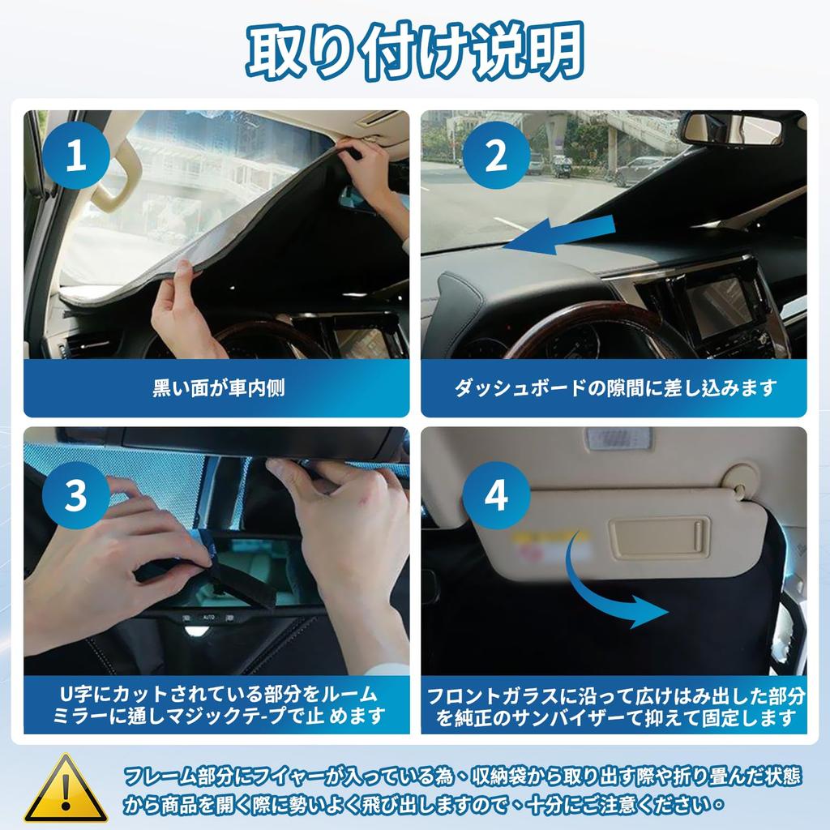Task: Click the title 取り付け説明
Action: click(415, 50)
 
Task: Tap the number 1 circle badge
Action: click(75, 156)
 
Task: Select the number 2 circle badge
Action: click(496, 156)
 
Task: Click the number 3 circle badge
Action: click(75, 497)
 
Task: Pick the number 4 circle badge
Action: click(496, 497)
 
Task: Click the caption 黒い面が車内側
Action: click(219, 387)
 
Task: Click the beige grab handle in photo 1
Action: click(113, 174)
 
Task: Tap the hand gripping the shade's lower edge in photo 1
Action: click(182, 312)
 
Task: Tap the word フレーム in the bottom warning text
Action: click(157, 777)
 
